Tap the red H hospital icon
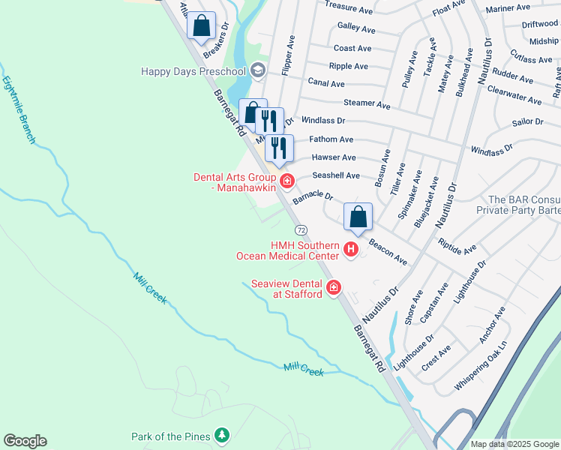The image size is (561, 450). pyautogui.click(x=350, y=250)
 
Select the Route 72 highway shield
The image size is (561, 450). pyautogui.click(x=301, y=229)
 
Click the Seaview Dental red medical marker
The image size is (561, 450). pyautogui.click(x=334, y=288)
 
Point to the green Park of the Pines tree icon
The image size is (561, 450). pyautogui.click(x=221, y=435)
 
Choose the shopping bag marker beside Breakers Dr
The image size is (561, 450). pyautogui.click(x=201, y=25)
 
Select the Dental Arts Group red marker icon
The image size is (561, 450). pyautogui.click(x=286, y=181)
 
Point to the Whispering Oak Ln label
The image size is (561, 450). pyautogui.click(x=481, y=366)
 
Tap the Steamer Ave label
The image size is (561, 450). pyautogui.click(x=367, y=103)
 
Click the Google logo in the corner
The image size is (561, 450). pyautogui.click(x=25, y=441)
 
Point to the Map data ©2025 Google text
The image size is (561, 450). pyautogui.click(x=514, y=444)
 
